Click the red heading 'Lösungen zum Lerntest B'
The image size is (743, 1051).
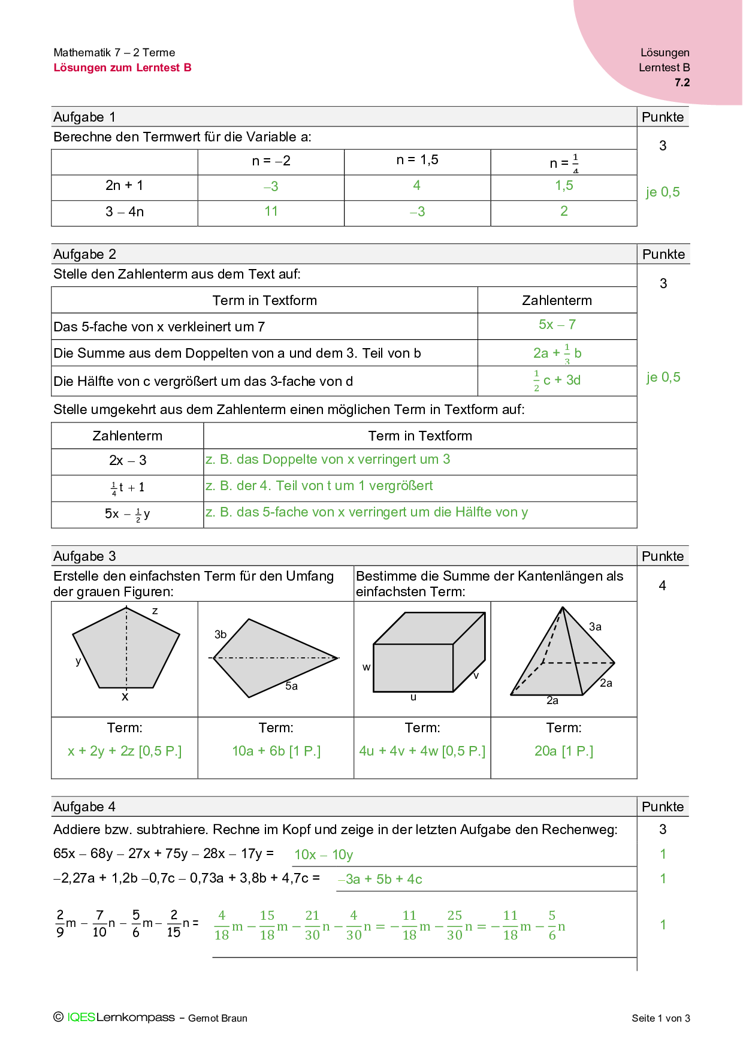tap(122, 68)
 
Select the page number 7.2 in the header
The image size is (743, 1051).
tap(682, 83)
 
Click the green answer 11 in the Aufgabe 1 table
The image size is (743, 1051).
tap(271, 212)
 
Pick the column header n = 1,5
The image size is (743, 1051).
tap(417, 160)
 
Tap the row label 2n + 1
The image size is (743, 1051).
tap(124, 186)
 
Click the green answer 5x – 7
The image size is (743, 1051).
tap(557, 325)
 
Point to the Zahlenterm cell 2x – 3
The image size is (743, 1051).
tap(127, 461)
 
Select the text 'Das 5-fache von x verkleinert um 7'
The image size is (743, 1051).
tap(159, 327)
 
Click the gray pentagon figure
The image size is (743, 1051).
tap(126, 650)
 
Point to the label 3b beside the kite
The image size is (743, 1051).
tap(221, 635)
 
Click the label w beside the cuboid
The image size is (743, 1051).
tap(366, 668)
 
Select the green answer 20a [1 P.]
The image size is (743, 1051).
tap(563, 751)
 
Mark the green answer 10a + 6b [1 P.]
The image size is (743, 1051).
tap(276, 751)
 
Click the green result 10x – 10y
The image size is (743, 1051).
tap(324, 855)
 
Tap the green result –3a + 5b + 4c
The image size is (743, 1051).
tap(380, 880)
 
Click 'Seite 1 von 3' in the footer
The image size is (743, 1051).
tap(660, 1018)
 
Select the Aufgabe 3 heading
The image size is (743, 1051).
tap(84, 556)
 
